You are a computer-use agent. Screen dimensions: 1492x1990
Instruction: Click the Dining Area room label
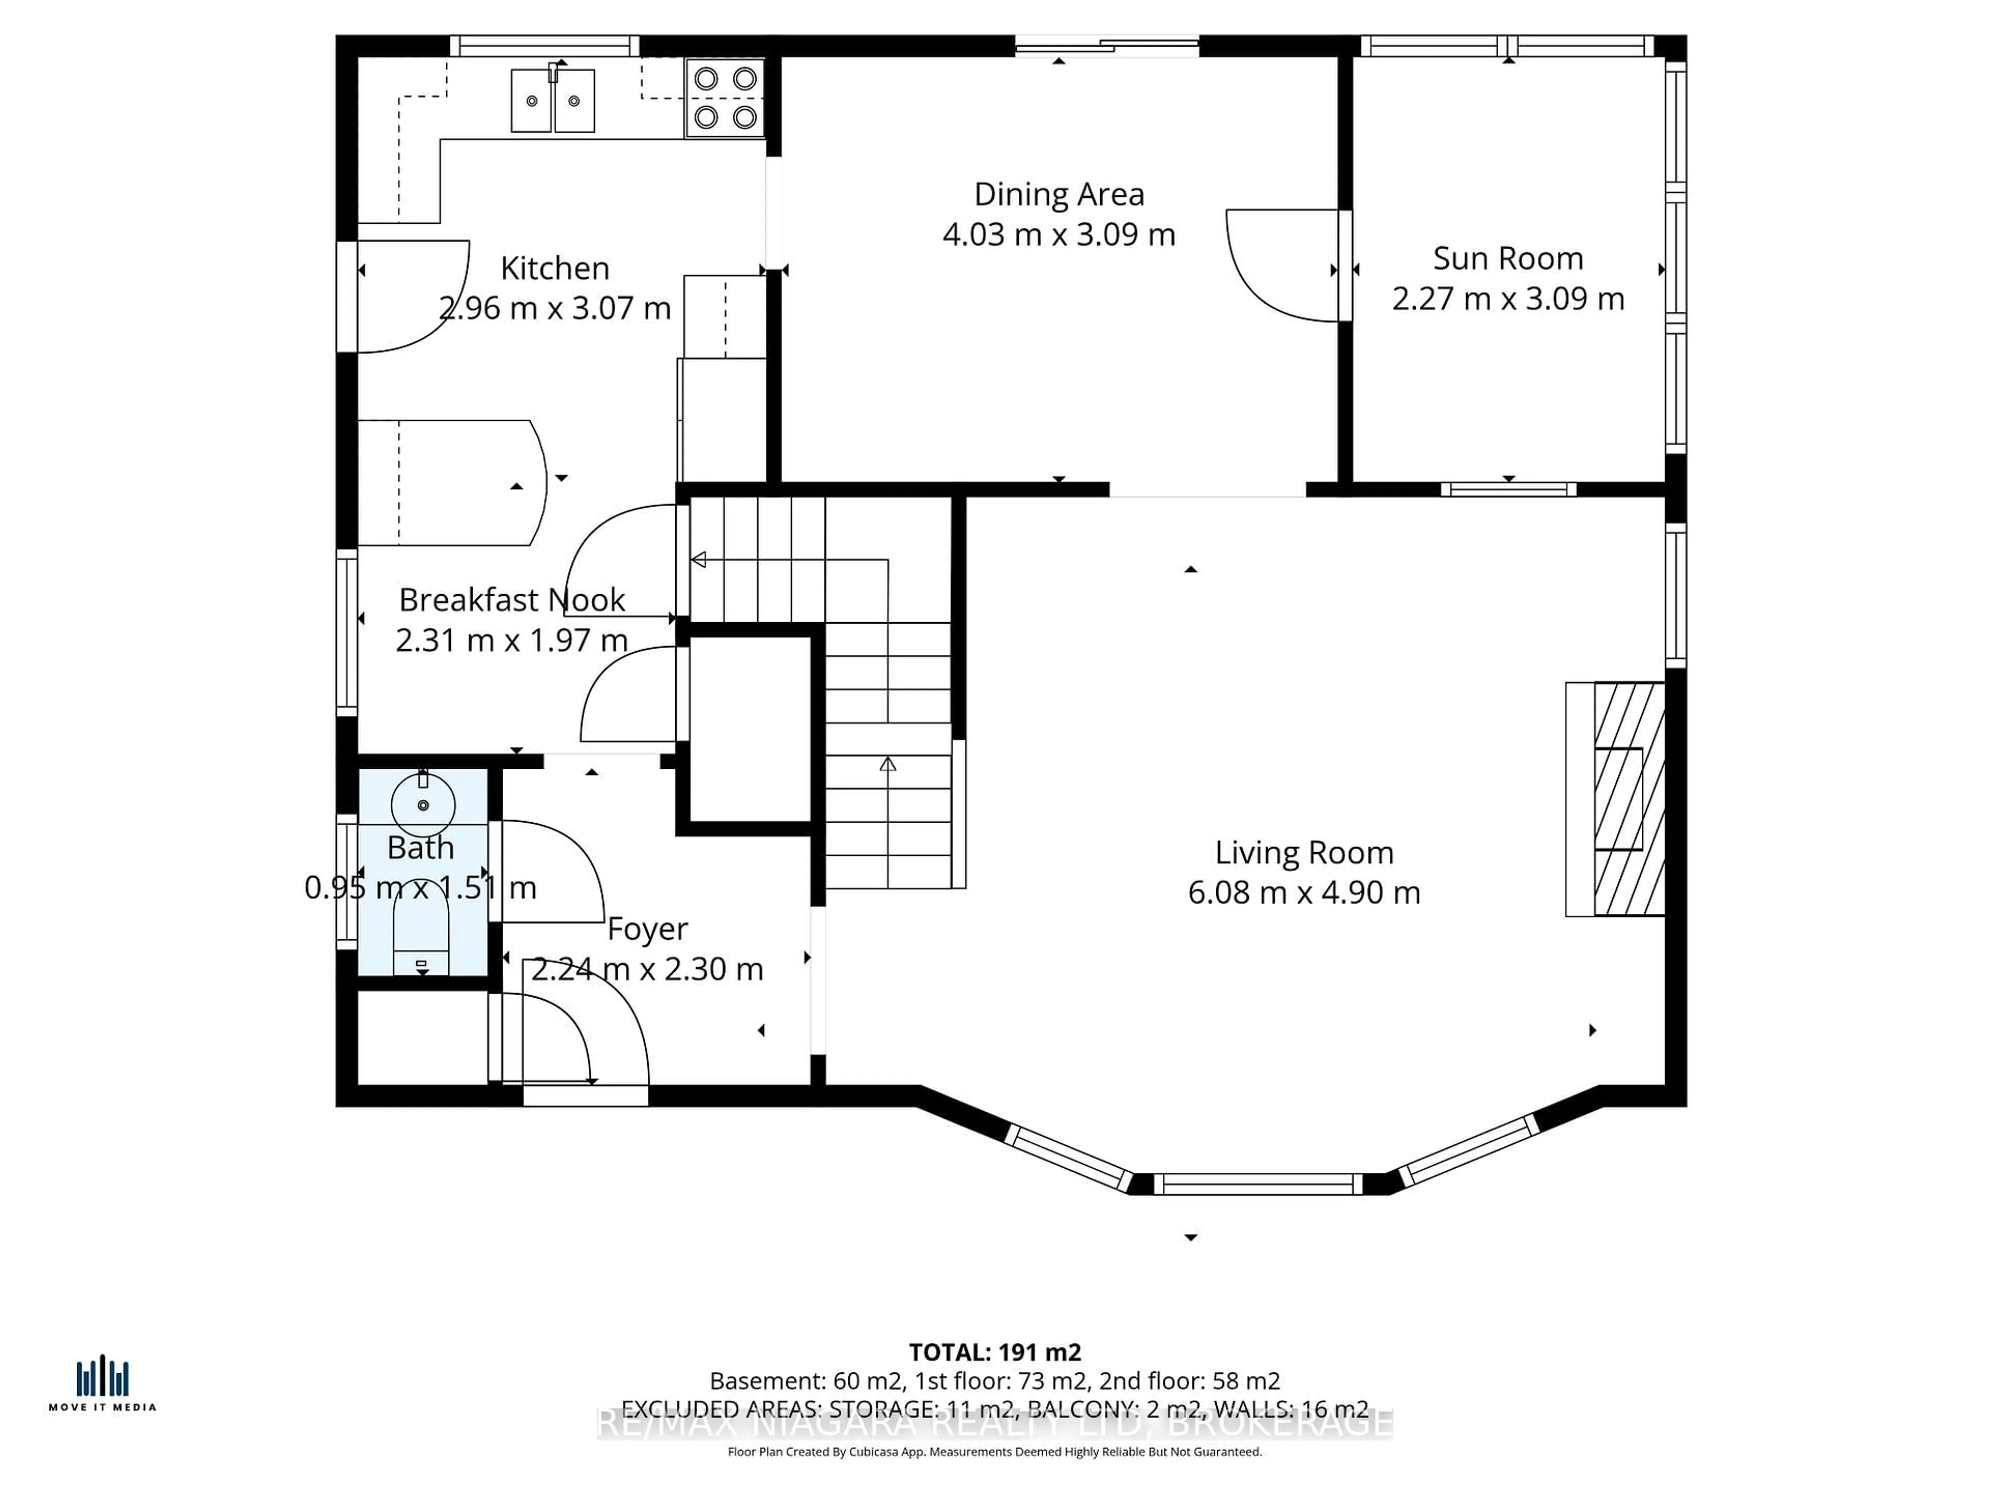(1059, 194)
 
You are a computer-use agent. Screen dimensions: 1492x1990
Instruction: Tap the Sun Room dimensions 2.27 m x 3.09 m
(1508, 298)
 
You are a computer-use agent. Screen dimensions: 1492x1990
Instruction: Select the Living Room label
(1303, 853)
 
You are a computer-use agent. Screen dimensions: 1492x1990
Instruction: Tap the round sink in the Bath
(423, 804)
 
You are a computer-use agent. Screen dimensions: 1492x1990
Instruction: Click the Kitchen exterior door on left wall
(409, 297)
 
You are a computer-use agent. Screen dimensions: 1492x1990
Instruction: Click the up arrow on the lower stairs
(888, 765)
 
